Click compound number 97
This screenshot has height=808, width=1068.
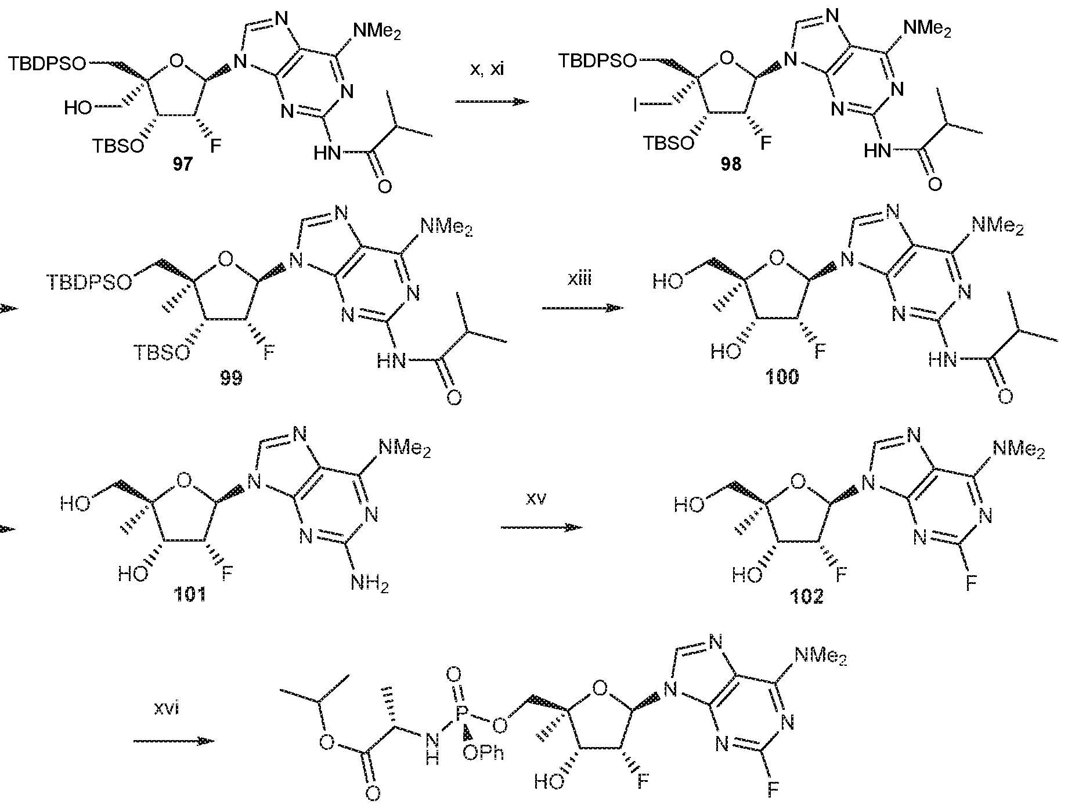point(182,165)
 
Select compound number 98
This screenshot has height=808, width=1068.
point(731,165)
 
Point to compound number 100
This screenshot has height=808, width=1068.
point(782,378)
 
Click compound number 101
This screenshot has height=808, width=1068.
point(190,596)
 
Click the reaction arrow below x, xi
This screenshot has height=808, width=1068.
point(492,102)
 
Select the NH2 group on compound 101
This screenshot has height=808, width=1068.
point(370,583)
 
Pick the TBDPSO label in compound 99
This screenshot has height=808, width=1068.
point(88,283)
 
